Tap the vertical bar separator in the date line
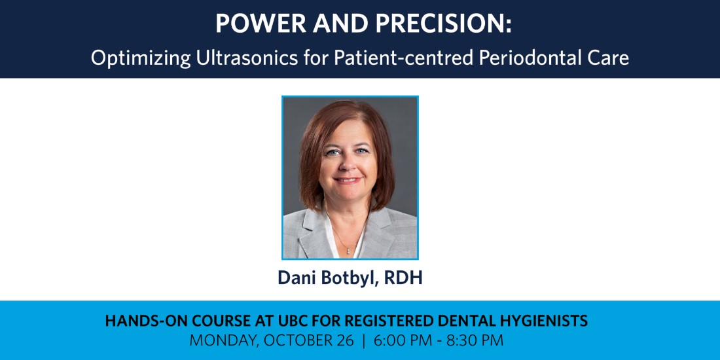tap(364, 341)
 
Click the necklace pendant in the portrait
tap(348, 250)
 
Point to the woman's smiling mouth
tap(347, 181)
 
